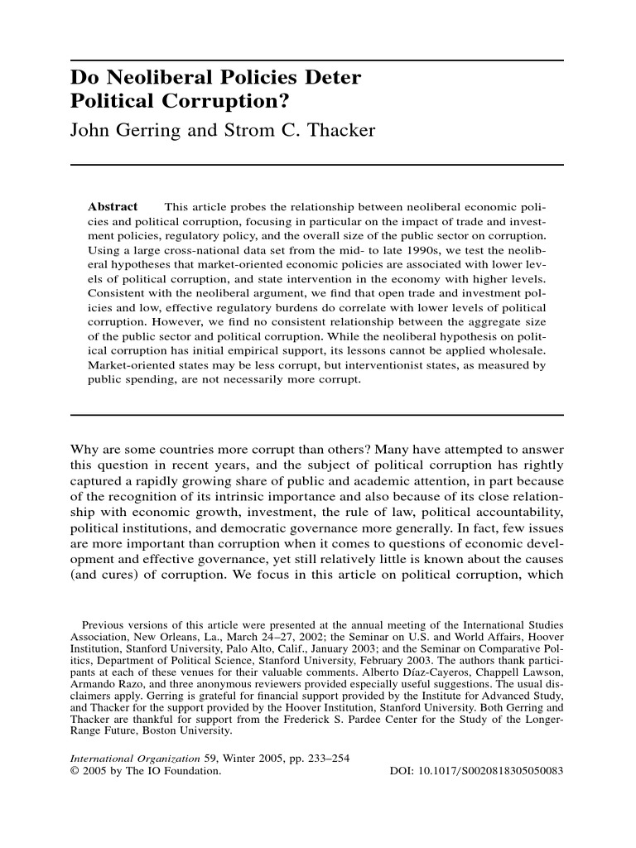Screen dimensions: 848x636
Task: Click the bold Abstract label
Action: [113, 206]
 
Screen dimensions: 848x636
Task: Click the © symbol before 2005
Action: [75, 770]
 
